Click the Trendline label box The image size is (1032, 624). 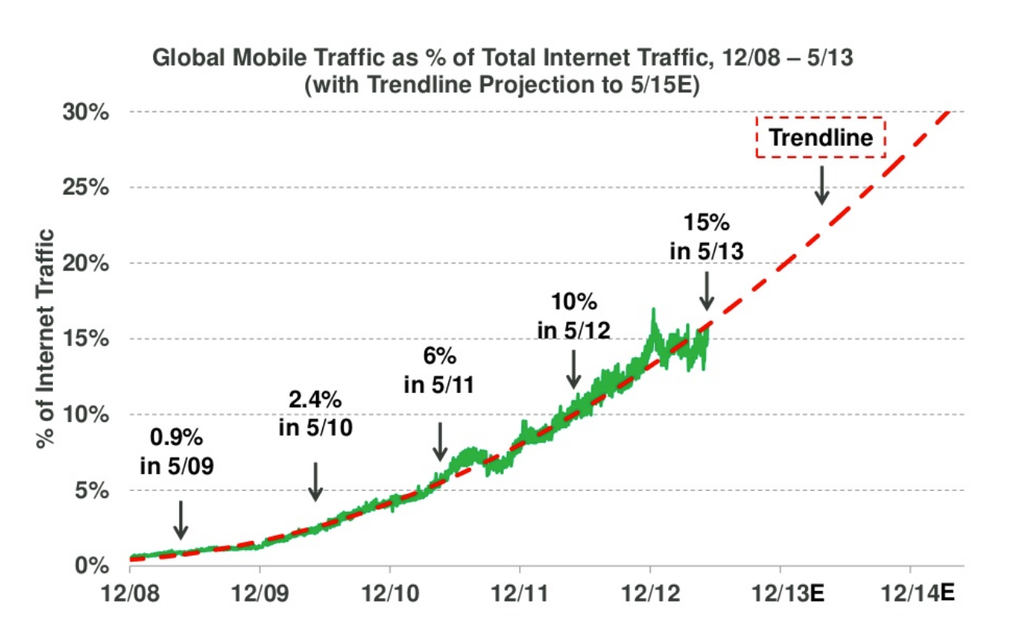click(821, 138)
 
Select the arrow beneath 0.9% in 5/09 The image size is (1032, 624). click(180, 519)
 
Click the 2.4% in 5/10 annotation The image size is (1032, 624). click(315, 413)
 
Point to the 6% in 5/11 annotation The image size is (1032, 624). click(439, 370)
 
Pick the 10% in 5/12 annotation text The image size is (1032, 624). click(574, 316)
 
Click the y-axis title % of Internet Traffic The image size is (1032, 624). click(48, 339)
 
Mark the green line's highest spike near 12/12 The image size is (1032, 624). click(653, 310)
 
